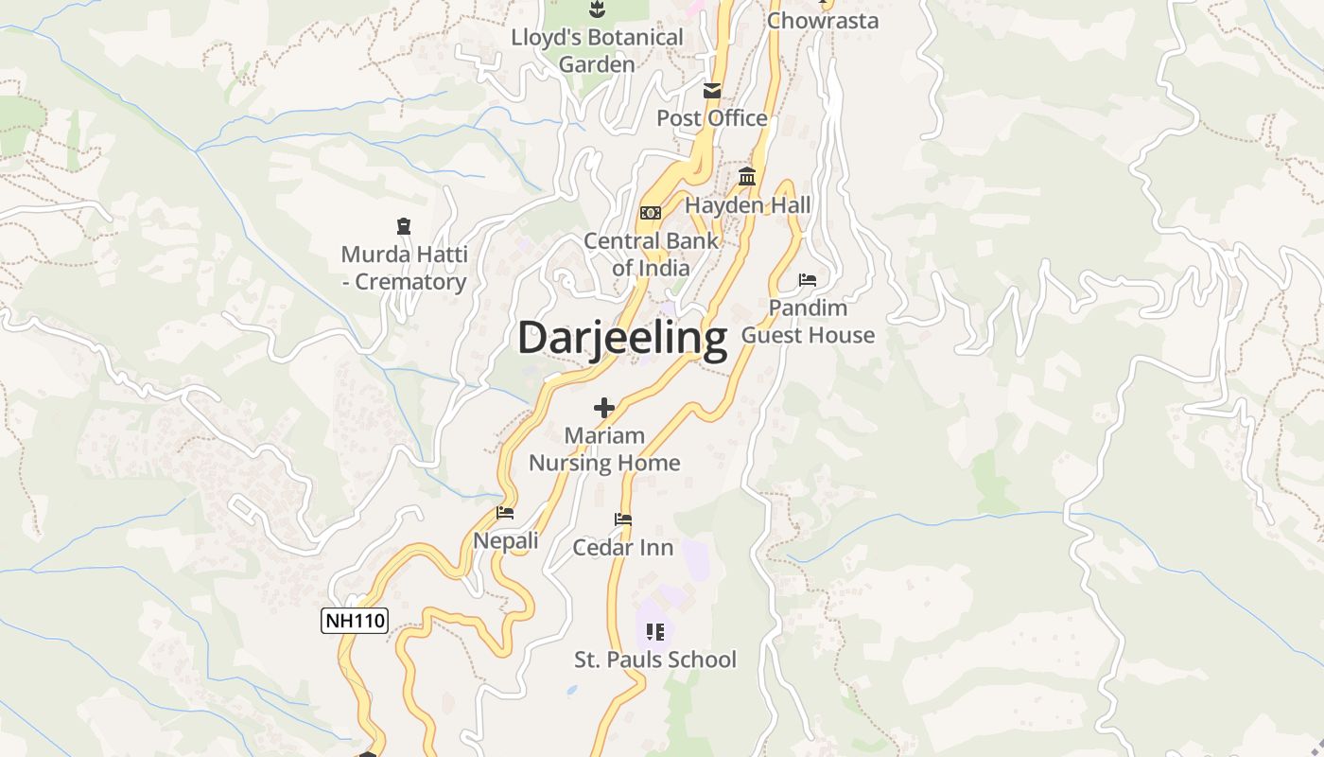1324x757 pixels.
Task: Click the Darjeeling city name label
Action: pos(622,338)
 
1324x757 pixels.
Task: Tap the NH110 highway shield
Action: pos(355,621)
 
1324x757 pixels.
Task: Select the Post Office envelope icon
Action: pos(711,91)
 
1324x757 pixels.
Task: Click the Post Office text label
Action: pos(711,118)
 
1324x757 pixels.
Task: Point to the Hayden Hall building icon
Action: pos(747,177)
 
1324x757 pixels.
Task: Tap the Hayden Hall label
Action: pos(747,205)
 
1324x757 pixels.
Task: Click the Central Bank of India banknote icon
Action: pos(651,213)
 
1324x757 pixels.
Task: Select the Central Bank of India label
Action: pos(651,254)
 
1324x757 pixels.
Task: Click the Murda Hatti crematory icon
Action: pos(404,226)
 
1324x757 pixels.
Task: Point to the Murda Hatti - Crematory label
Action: pos(404,268)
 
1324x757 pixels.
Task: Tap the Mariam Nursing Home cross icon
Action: pos(604,408)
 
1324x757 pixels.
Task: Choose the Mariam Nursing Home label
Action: pos(604,449)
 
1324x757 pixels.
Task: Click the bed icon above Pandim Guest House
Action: pos(808,280)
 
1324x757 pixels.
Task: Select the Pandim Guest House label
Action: pos(808,322)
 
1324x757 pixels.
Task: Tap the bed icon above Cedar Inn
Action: pos(623,519)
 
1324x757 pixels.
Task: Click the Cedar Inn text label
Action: pos(623,548)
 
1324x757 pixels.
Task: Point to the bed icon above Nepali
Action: pos(505,513)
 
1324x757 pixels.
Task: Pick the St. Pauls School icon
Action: pos(655,631)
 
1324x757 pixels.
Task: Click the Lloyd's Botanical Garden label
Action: pos(597,51)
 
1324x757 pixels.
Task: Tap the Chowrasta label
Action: pos(823,21)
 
